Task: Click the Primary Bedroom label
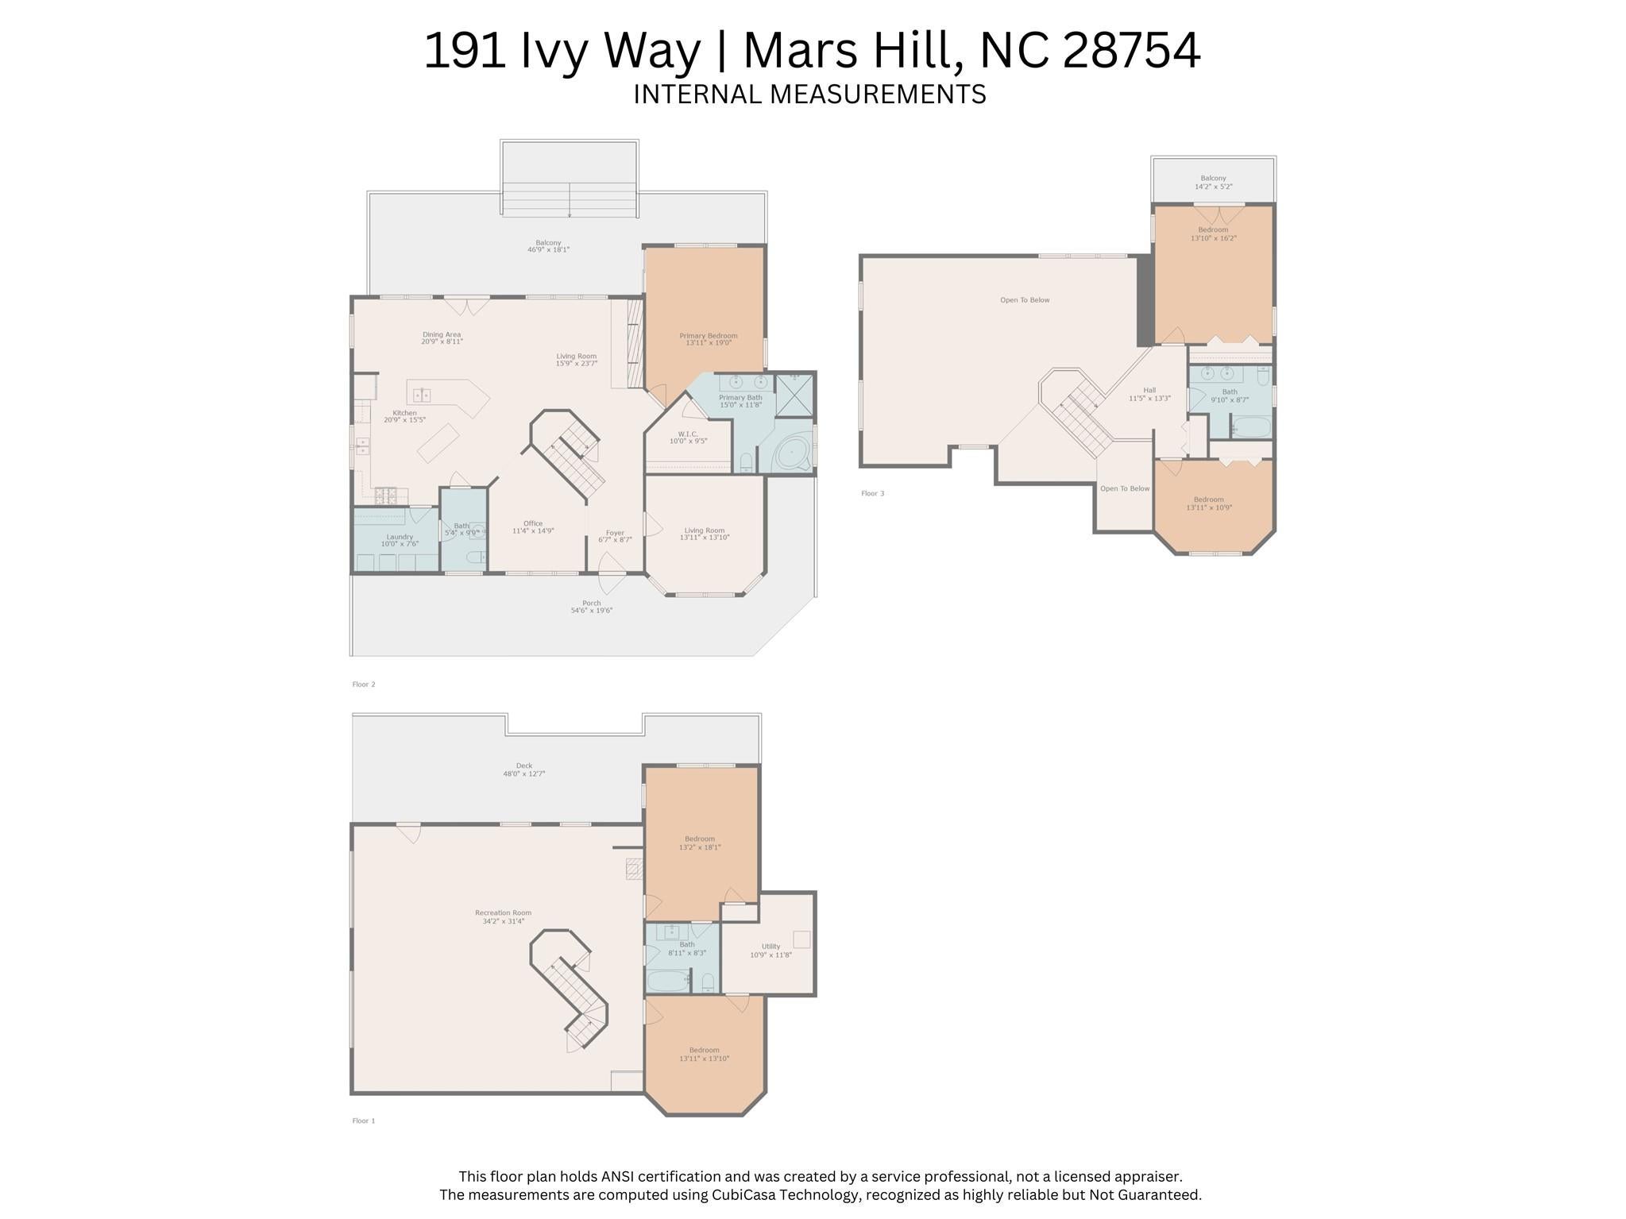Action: pyautogui.click(x=708, y=339)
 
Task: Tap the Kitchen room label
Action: pyautogui.click(x=404, y=416)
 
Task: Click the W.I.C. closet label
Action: pyautogui.click(x=688, y=438)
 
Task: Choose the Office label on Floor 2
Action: pyautogui.click(x=533, y=527)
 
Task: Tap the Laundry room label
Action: pyautogui.click(x=400, y=541)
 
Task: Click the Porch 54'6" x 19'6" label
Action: pyautogui.click(x=591, y=607)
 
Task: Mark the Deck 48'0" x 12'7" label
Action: pyautogui.click(x=523, y=770)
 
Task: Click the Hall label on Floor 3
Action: pyautogui.click(x=1149, y=394)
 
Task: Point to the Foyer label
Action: pyautogui.click(x=615, y=536)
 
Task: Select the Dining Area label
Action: pyautogui.click(x=442, y=338)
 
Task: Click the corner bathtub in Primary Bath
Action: pyautogui.click(x=791, y=454)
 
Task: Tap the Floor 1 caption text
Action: pyautogui.click(x=364, y=1121)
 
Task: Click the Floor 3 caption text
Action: pyautogui.click(x=872, y=493)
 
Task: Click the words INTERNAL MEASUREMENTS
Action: pyautogui.click(x=809, y=95)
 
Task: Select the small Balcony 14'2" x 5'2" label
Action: pyautogui.click(x=1213, y=183)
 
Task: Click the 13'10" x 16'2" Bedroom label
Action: pyautogui.click(x=1213, y=234)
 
